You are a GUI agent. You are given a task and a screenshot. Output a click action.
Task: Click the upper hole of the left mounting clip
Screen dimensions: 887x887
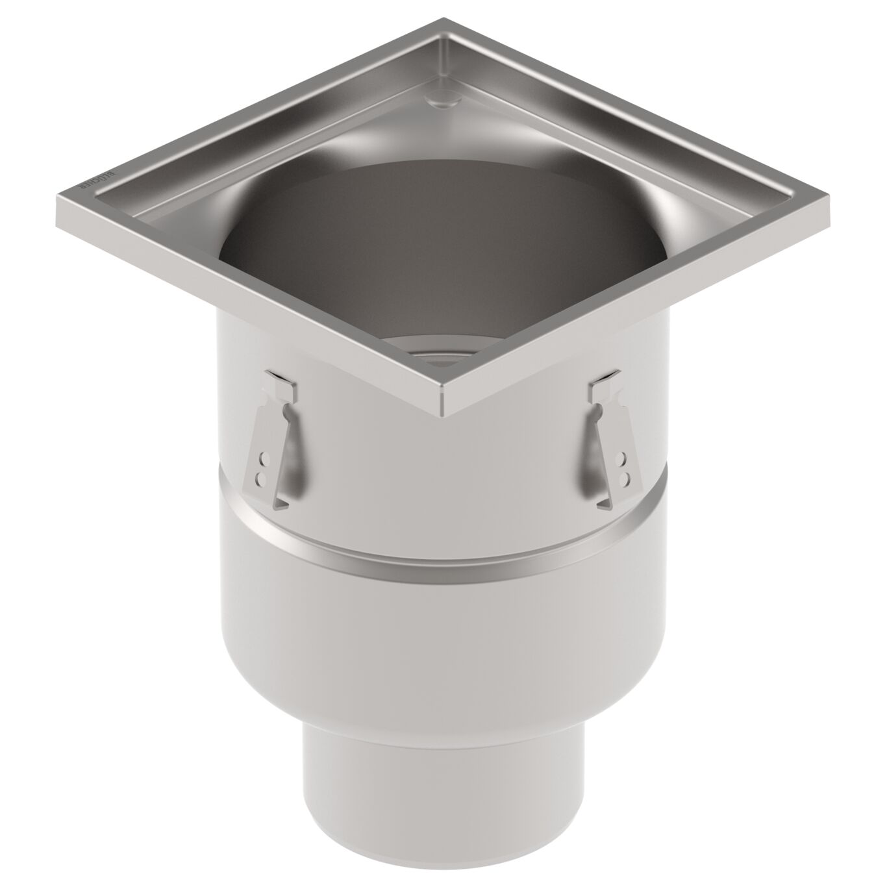pyautogui.click(x=264, y=462)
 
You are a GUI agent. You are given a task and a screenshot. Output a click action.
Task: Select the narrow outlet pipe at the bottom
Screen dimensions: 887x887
pyautogui.click(x=443, y=799)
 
